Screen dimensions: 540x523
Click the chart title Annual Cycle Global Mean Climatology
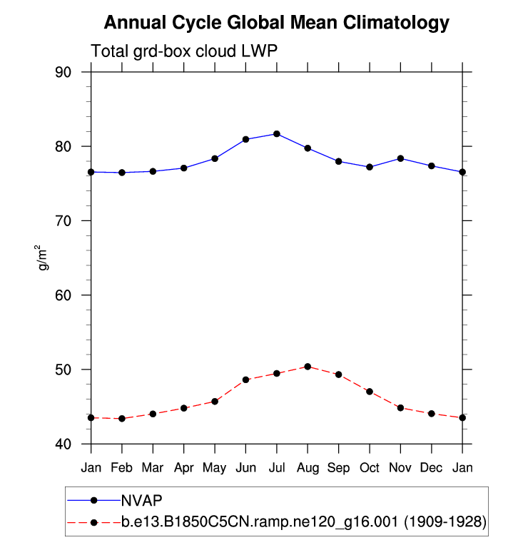pos(277,23)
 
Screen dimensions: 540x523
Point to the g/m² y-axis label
pos(44,258)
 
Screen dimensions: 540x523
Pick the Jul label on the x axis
pos(277,467)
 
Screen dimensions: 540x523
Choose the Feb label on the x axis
pos(122,467)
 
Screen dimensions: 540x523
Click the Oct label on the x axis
pos(370,467)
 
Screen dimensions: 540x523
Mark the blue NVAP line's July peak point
pos(277,134)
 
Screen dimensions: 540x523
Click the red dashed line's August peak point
pos(308,367)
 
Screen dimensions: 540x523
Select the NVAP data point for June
pos(246,139)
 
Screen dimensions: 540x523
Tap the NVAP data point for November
pos(400,158)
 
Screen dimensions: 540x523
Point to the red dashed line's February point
pos(122,419)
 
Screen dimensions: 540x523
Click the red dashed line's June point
pos(246,379)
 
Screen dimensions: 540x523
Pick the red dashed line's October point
pos(370,392)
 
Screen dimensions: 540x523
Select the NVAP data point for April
pos(184,168)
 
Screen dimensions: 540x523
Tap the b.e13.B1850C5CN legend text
pos(303,522)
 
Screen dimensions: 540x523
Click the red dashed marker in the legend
pos(93,522)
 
